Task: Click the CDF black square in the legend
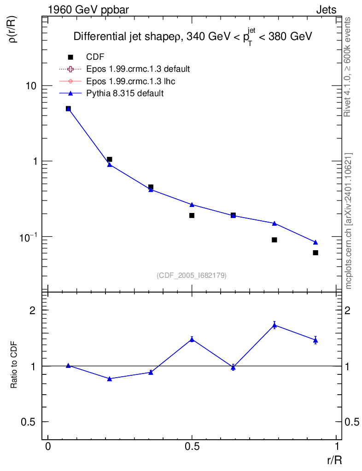click(x=70, y=57)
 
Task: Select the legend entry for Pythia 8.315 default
click(x=125, y=93)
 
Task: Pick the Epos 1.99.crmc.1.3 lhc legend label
click(x=130, y=81)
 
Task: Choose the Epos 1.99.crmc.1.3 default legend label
click(x=138, y=69)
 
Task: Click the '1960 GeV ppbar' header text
click(x=88, y=10)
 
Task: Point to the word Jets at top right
click(x=326, y=10)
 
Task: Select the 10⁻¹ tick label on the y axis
click(x=29, y=237)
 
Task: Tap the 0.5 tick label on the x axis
click(x=192, y=446)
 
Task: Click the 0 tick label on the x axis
click(x=48, y=446)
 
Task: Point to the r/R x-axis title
click(x=334, y=460)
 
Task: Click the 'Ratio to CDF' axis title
click(x=14, y=365)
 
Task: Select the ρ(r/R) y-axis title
click(x=13, y=29)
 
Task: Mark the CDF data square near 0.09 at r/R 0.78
click(x=274, y=240)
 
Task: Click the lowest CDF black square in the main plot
click(x=315, y=253)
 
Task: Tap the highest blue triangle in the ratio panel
click(x=274, y=325)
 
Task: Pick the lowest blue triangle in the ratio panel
click(x=110, y=379)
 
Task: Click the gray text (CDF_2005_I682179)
click(x=192, y=275)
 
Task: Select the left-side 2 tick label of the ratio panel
click(x=32, y=310)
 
